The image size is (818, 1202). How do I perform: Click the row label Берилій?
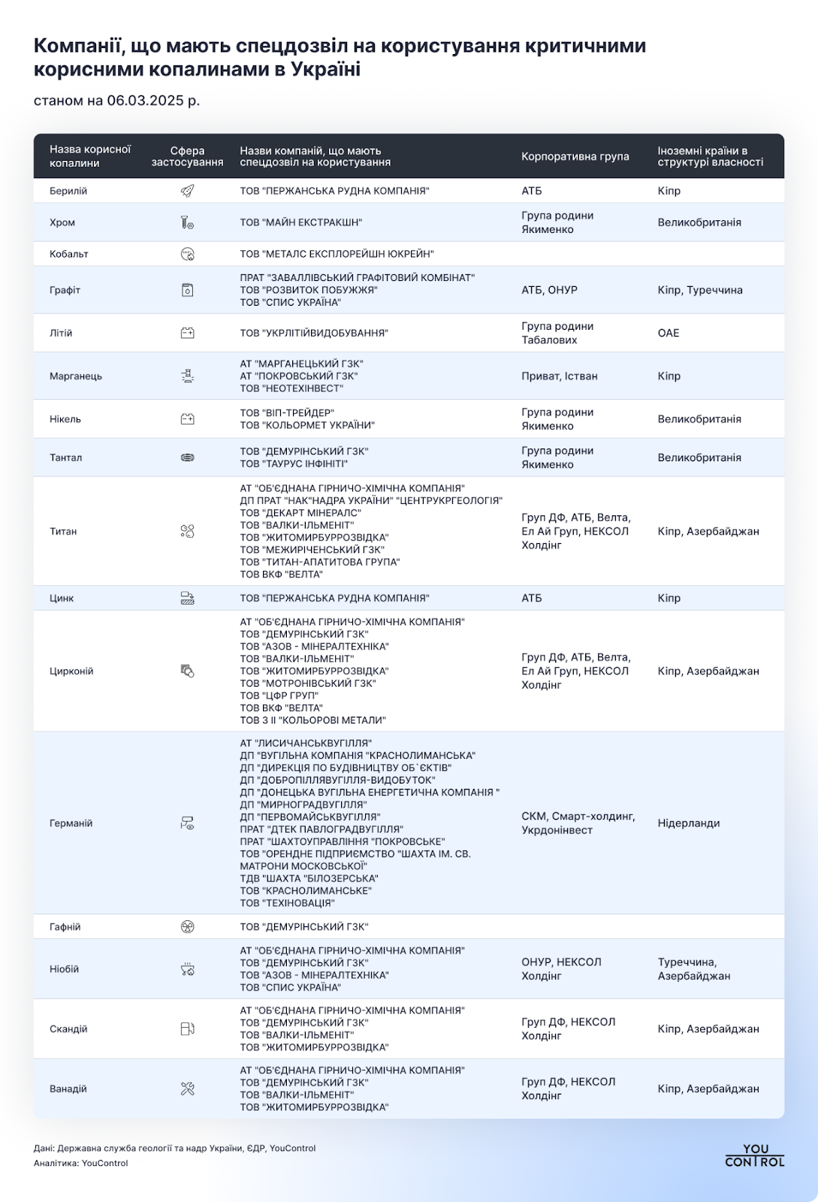click(x=68, y=191)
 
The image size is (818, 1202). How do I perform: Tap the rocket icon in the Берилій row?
click(x=188, y=191)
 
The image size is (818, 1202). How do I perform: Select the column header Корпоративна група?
click(x=575, y=156)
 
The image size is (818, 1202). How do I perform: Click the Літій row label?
click(x=61, y=333)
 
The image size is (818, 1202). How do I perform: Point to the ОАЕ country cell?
click(x=669, y=333)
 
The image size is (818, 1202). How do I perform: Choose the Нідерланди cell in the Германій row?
click(x=689, y=823)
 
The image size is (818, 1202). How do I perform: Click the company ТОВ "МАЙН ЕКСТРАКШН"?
click(x=300, y=222)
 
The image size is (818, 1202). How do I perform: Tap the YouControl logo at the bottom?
click(x=754, y=1155)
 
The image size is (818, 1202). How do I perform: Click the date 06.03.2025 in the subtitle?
click(x=145, y=101)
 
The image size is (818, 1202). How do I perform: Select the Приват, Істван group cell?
click(x=560, y=376)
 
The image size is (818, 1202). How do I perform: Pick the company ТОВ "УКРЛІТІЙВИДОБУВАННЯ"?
click(x=314, y=333)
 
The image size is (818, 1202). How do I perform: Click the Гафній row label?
click(x=65, y=927)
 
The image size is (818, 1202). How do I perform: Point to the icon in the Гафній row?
click(x=188, y=927)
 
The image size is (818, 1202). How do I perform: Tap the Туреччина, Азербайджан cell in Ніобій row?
click(x=694, y=969)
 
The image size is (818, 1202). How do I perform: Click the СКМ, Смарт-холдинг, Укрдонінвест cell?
click(x=578, y=823)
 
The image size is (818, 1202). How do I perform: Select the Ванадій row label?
click(x=68, y=1089)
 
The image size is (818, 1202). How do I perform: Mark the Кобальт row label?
click(x=69, y=254)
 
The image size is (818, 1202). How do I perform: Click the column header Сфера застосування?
click(x=188, y=156)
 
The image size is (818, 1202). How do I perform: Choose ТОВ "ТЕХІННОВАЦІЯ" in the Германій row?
click(x=287, y=903)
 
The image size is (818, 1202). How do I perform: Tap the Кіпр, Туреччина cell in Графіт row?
click(x=700, y=290)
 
